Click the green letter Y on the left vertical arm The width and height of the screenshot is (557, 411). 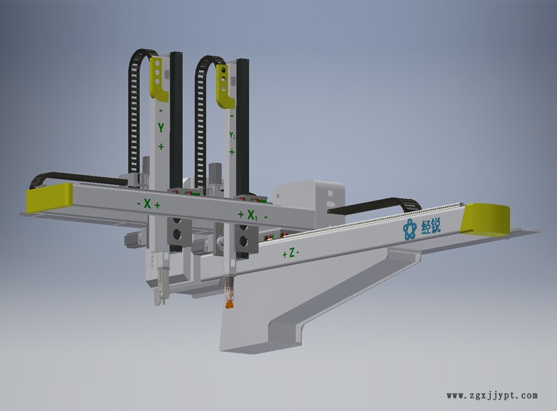[161, 128]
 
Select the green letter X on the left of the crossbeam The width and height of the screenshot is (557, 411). [147, 204]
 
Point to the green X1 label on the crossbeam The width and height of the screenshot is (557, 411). [252, 215]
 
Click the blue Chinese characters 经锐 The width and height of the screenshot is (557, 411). [431, 226]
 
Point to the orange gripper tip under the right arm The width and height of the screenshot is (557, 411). [228, 303]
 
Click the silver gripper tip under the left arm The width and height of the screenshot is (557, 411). [162, 291]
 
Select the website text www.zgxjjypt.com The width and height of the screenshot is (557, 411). [492, 396]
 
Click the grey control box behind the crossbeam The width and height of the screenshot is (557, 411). [309, 193]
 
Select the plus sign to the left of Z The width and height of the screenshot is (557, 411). [284, 254]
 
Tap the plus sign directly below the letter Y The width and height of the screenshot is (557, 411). [161, 146]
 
